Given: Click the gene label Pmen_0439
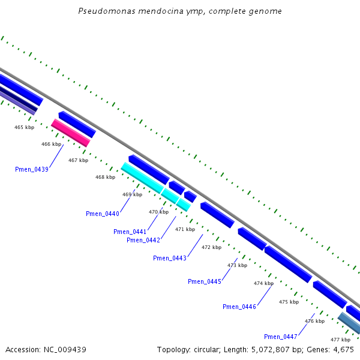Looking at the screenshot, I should click(32, 169).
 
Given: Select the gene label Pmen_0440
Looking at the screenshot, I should click(103, 214).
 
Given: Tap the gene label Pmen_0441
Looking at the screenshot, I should click(130, 232).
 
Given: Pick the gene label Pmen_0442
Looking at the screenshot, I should click(143, 240).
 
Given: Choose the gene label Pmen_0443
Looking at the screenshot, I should click(170, 258).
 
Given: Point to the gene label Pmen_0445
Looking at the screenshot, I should click(205, 281).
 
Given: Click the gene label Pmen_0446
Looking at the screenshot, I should click(239, 307).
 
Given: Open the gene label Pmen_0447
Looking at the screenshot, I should click(281, 336).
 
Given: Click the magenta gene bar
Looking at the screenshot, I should click(70, 133).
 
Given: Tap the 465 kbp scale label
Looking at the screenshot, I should click(25, 127).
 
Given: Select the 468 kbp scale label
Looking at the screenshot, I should click(105, 177).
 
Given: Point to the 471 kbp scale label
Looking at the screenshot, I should click(185, 229).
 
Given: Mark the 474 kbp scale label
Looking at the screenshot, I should click(263, 283).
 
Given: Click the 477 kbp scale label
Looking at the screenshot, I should click(340, 340).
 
